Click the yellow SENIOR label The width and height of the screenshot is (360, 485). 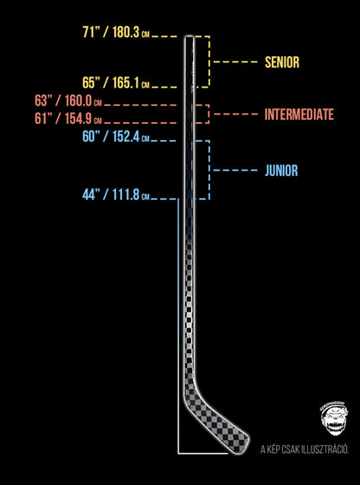(x=282, y=62)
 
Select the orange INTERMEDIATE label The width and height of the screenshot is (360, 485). (x=299, y=114)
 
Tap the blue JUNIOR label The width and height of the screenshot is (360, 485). (x=281, y=171)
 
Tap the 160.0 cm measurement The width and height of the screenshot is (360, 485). (x=82, y=101)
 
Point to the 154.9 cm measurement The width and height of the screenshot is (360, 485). (x=82, y=119)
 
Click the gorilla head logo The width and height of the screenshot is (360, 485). (x=334, y=419)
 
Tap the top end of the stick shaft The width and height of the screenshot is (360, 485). (x=189, y=36)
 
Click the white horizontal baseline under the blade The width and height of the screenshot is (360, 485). (x=202, y=454)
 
